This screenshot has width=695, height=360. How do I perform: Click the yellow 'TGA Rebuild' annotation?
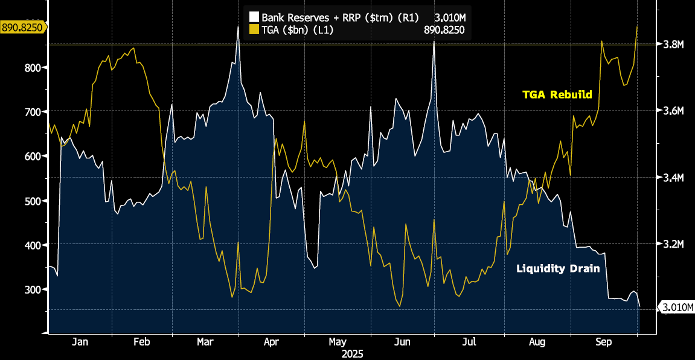pos(557,95)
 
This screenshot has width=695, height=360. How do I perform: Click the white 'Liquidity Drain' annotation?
pos(558,268)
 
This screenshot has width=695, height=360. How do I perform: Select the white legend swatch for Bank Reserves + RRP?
pos(254,18)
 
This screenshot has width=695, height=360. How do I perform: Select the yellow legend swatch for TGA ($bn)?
pos(254,30)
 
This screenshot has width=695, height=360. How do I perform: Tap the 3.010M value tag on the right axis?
pos(676,308)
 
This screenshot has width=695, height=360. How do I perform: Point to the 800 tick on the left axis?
pos(31,68)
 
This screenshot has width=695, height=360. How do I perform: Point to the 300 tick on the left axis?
pos(31,289)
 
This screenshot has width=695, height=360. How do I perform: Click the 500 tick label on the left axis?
pos(31,201)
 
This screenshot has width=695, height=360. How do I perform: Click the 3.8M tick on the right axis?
pos(673,45)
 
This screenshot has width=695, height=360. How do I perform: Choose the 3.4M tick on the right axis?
pos(673,178)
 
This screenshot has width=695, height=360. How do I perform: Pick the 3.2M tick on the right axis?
pos(673,244)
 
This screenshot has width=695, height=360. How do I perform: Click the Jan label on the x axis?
pos(80,342)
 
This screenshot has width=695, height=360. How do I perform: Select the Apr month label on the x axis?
pos(271,342)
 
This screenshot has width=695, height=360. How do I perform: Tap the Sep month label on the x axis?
pos(603,342)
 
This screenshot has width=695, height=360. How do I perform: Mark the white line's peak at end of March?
pos(238,27)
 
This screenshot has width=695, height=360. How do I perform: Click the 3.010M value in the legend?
pos(449,18)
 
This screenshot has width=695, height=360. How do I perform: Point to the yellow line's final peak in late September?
pos(638,27)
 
